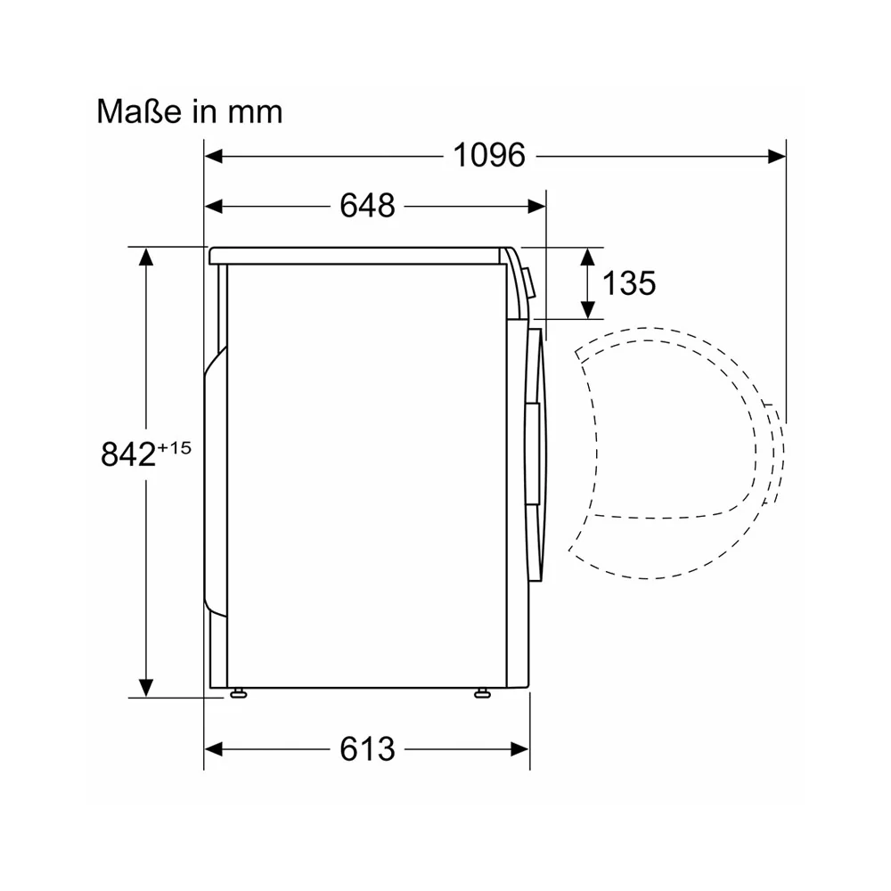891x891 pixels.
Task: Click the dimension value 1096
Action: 489,155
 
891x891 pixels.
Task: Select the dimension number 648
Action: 367,206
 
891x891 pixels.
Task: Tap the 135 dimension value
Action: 629,283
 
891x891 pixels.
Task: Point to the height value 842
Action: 127,454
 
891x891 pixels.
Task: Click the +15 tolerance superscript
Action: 174,448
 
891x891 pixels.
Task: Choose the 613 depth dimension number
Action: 367,749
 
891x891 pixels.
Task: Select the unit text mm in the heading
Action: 255,113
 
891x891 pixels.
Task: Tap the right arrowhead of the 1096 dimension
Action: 777,156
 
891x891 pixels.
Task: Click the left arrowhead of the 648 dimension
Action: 213,207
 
